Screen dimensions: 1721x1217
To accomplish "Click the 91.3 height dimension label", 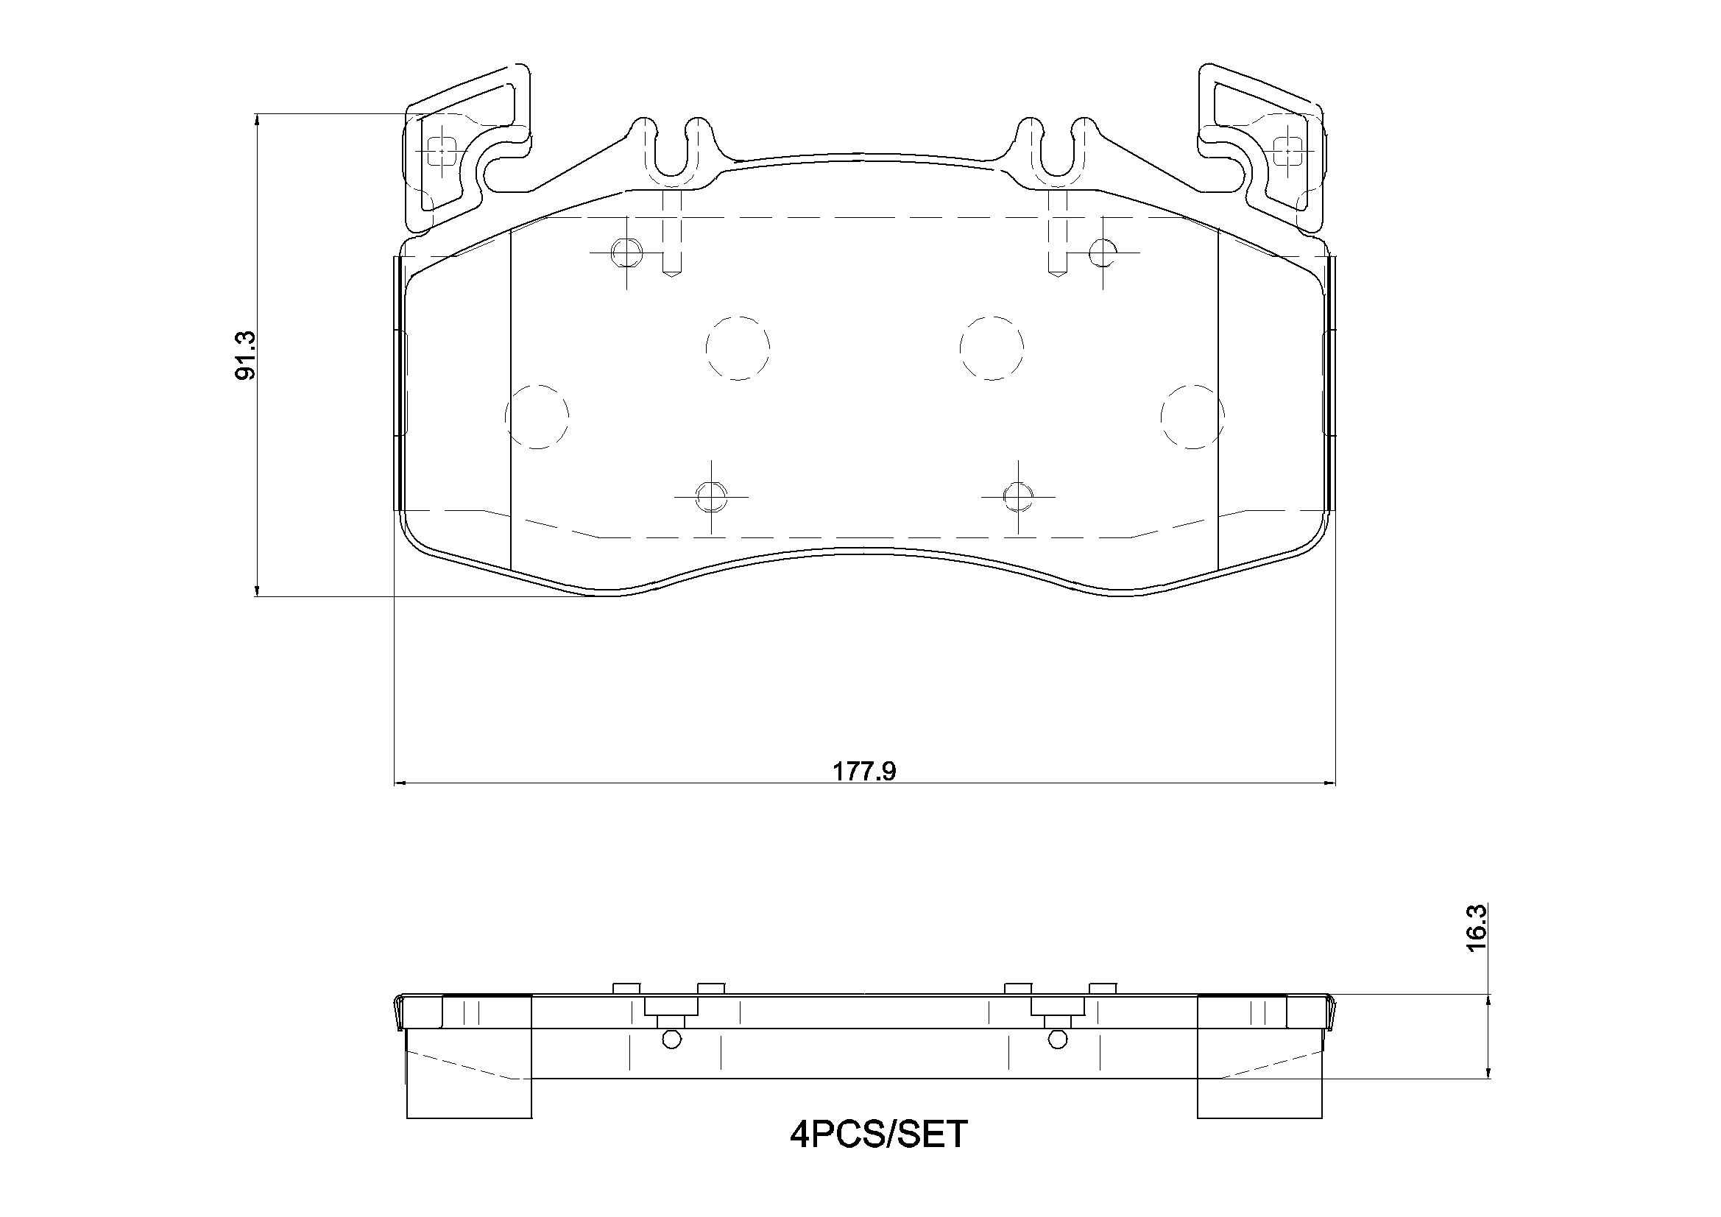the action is (246, 356).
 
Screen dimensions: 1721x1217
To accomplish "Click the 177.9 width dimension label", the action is (865, 771).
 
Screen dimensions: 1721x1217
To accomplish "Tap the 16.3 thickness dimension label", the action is (1476, 948).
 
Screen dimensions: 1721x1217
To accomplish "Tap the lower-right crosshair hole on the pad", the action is (1018, 496).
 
